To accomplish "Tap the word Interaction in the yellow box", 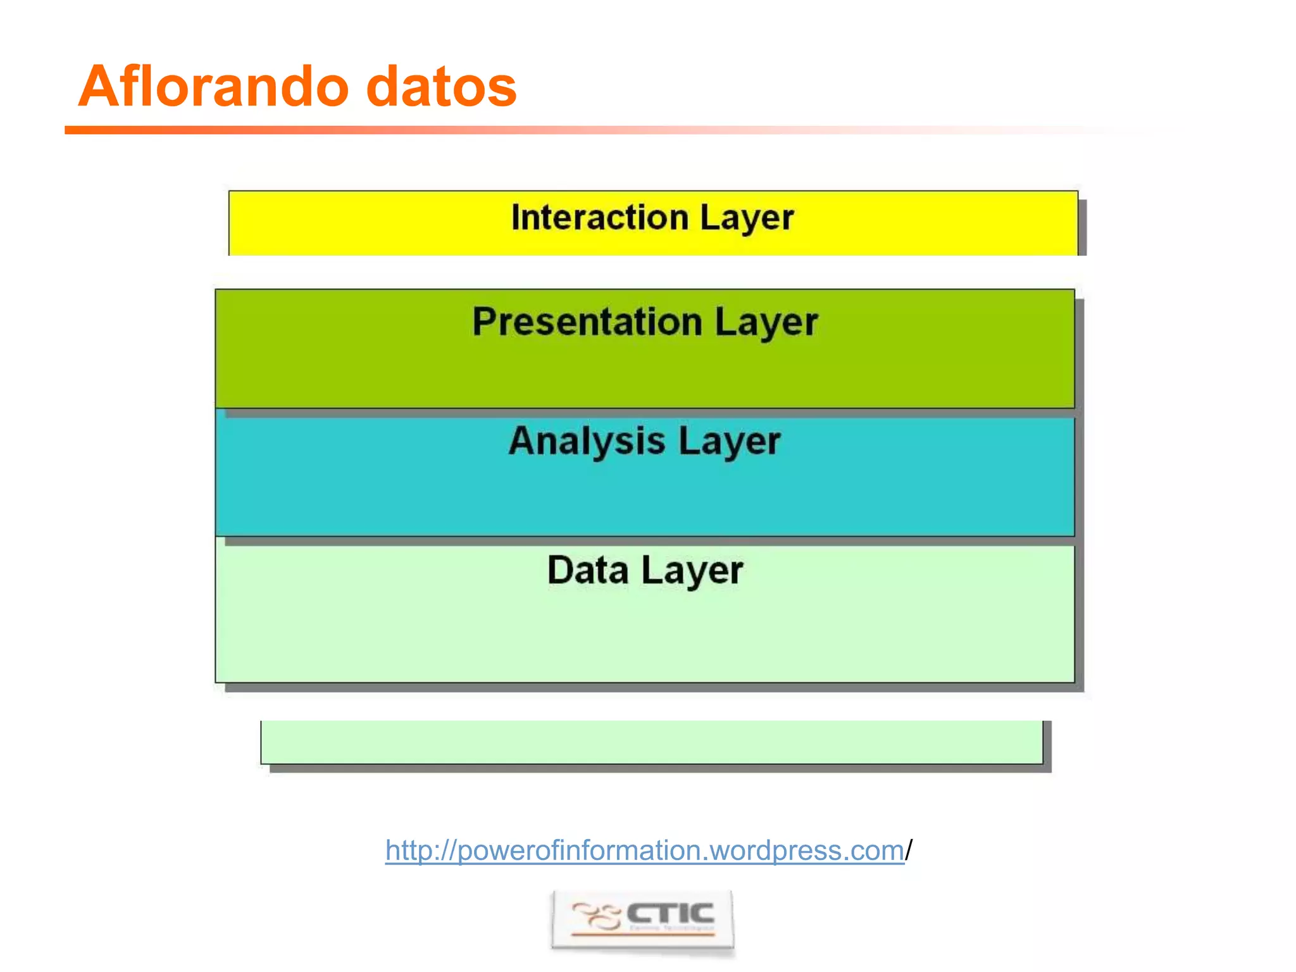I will point(599,218).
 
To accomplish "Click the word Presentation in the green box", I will point(587,322).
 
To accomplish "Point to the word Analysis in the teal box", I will point(587,441).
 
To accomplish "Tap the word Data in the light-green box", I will point(588,570).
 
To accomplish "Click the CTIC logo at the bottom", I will point(643,919).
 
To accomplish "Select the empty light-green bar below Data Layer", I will point(652,742).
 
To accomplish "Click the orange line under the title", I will point(380,130).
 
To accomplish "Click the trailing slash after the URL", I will point(909,850).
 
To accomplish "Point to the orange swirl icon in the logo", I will point(595,916).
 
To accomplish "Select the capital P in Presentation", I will point(485,321).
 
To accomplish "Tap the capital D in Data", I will point(561,570).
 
